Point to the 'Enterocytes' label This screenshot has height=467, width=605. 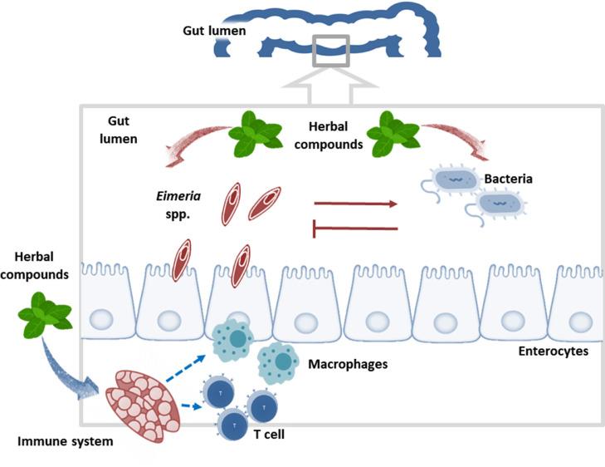tap(553, 351)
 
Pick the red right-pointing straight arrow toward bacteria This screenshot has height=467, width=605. tap(355, 202)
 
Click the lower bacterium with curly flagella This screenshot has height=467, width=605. tap(495, 202)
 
